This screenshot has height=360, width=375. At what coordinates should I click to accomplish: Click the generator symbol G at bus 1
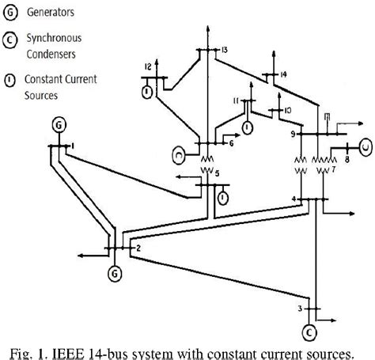(x=59, y=125)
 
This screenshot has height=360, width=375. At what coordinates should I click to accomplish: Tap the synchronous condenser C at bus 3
(x=309, y=331)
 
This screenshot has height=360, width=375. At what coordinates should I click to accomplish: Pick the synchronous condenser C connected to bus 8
(x=365, y=145)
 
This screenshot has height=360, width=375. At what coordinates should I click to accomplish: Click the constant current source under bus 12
(x=147, y=93)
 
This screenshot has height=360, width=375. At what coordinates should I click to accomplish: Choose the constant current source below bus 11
(x=248, y=125)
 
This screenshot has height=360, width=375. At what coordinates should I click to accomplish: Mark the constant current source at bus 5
(x=224, y=195)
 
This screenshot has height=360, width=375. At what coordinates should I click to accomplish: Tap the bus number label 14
(x=282, y=74)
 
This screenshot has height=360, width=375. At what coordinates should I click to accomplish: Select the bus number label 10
(x=288, y=109)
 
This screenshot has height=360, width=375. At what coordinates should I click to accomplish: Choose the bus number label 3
(x=298, y=307)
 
